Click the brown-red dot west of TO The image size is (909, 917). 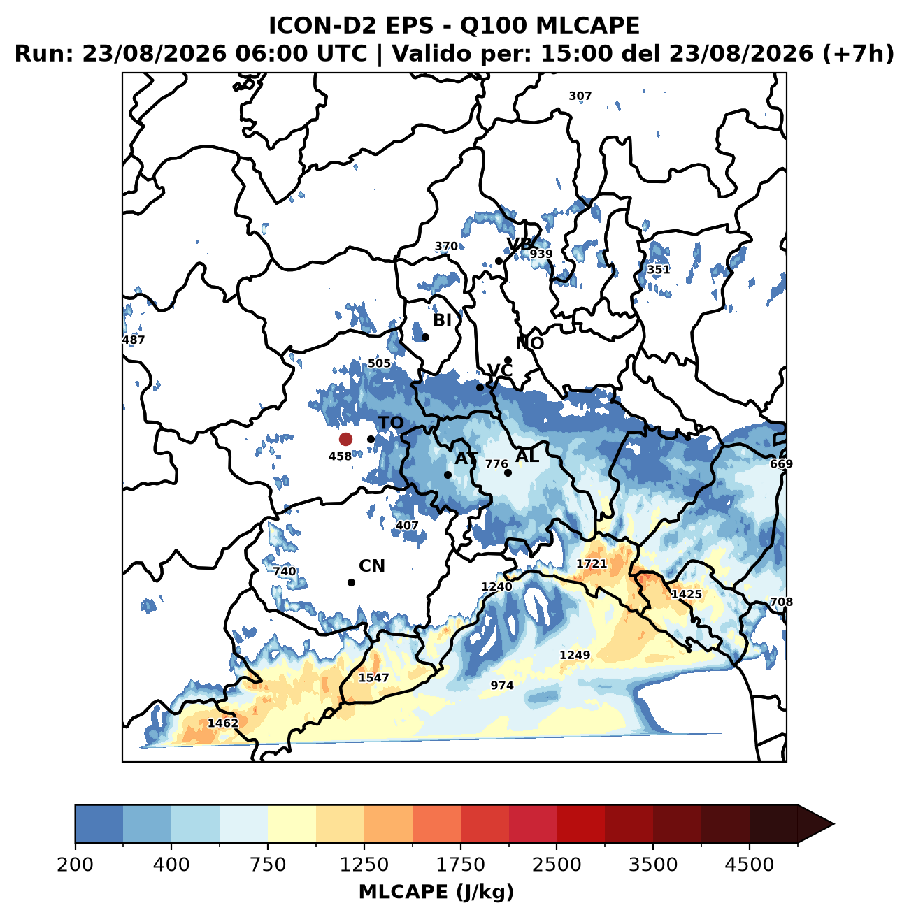(345, 439)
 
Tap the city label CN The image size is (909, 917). (371, 566)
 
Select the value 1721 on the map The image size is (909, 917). (592, 563)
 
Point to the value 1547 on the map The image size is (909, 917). (373, 677)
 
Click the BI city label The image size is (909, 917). (442, 320)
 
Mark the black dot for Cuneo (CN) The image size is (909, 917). (351, 582)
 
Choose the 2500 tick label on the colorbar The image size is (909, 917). (556, 864)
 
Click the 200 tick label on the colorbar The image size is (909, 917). (76, 864)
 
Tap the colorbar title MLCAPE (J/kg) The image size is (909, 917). (436, 893)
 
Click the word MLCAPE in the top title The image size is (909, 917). (587, 26)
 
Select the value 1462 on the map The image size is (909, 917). (222, 723)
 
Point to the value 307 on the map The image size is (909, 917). (580, 96)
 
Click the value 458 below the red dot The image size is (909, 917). (340, 456)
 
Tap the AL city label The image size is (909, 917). (527, 456)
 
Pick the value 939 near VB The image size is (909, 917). (541, 254)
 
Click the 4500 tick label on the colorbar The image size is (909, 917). (749, 864)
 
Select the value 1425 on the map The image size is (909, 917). (686, 594)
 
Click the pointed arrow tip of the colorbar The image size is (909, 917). (833, 824)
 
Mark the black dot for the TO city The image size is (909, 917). (371, 439)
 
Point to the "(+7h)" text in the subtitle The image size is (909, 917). (858, 54)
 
